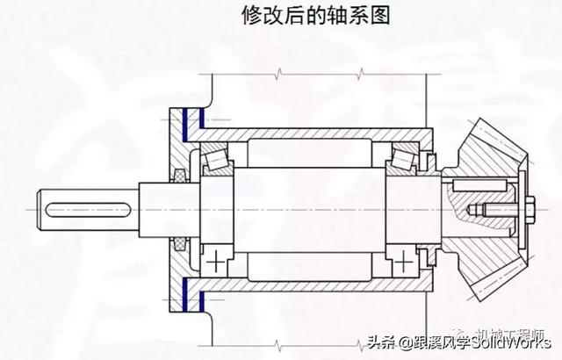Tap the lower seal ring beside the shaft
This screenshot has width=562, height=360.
(182, 243)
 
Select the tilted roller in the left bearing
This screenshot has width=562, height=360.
(216, 160)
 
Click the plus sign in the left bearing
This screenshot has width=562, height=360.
(216, 262)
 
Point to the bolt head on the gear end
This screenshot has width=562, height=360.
(532, 211)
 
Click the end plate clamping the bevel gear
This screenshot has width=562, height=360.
(520, 211)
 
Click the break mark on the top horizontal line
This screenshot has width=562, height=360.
(279, 71)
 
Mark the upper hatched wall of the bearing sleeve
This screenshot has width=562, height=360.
(316, 131)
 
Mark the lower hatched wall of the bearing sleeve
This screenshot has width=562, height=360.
(316, 289)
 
